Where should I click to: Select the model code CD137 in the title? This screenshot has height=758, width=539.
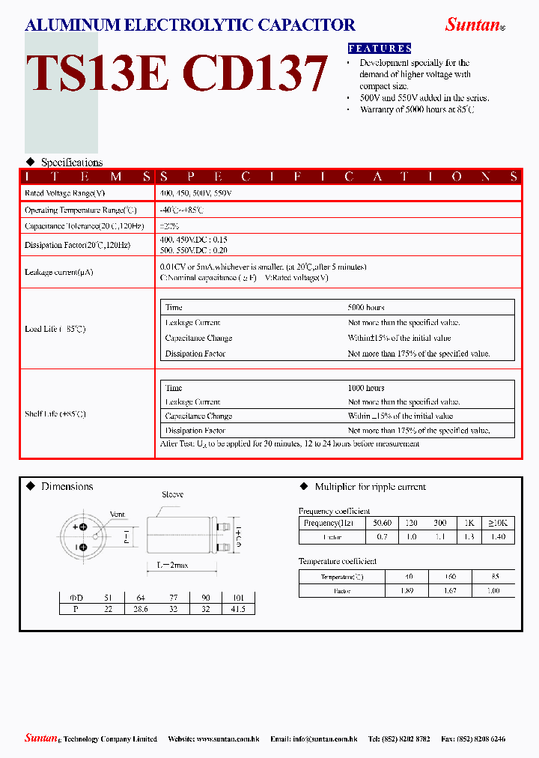pos(255,73)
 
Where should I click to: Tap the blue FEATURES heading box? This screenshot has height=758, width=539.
pos(380,48)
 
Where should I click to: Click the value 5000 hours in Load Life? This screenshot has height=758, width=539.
pos(366,308)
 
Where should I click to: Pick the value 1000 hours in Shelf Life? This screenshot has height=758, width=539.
pos(366,388)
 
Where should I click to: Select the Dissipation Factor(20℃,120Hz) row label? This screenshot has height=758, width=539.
pos(77,245)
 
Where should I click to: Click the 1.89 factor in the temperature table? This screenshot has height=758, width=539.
pos(407,591)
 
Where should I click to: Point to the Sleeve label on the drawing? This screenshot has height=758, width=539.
pos(172,495)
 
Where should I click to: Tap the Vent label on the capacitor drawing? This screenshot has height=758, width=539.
pos(118,515)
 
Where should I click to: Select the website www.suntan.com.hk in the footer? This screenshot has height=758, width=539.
pos(230,739)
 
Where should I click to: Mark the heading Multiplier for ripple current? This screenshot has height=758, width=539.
pos(370,487)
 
